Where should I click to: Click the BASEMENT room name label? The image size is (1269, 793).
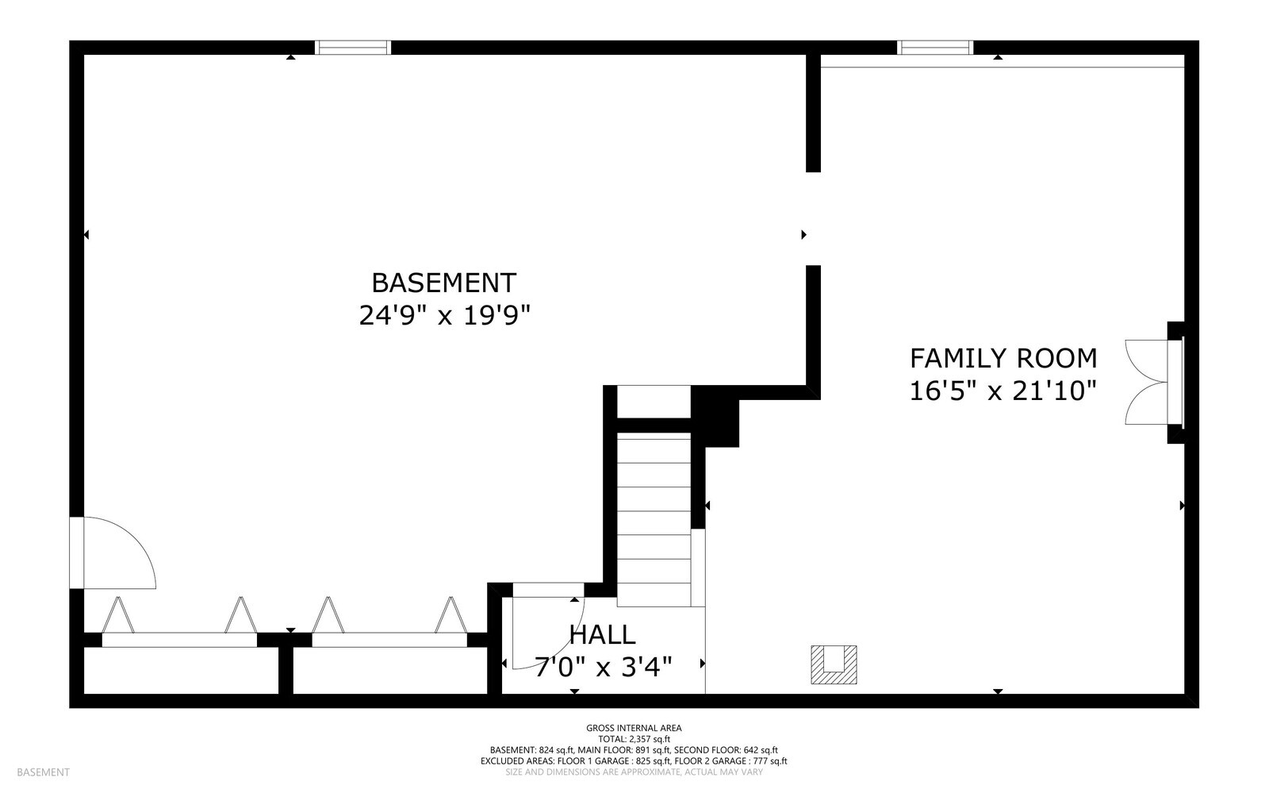click(x=443, y=283)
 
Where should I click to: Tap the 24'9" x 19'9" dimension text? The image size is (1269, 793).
click(x=443, y=316)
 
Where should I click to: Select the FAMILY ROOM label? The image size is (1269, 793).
click(x=1003, y=359)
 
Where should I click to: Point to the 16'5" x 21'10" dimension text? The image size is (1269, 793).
click(x=1003, y=391)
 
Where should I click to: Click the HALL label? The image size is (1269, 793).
click(x=602, y=635)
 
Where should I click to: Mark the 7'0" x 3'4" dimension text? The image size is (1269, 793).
click(x=603, y=667)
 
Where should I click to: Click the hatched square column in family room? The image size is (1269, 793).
click(x=834, y=665)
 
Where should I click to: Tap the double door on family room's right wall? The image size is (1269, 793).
click(x=1147, y=382)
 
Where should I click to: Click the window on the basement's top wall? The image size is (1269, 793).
click(x=353, y=48)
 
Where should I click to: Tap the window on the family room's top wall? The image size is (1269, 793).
click(x=935, y=48)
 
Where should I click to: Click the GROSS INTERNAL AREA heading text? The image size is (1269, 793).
click(x=633, y=728)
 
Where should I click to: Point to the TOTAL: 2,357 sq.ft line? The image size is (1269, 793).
click(x=633, y=739)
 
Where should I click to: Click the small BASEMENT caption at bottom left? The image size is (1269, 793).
click(x=43, y=772)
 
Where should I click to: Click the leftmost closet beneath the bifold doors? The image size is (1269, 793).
click(x=181, y=671)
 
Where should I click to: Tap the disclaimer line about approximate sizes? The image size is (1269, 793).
click(x=633, y=772)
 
